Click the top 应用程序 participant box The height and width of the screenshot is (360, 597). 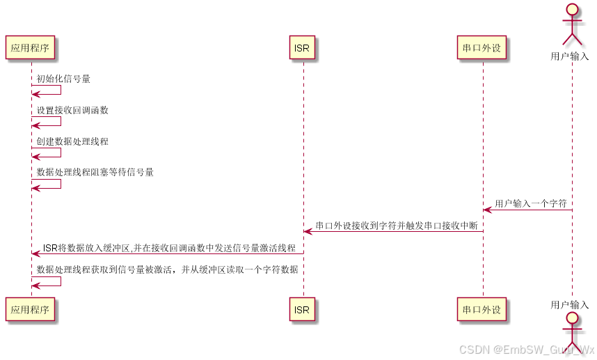(x=30, y=48)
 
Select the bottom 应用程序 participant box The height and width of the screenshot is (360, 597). (x=30, y=310)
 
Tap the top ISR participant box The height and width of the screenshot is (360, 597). (x=303, y=48)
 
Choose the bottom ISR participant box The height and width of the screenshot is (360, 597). (x=303, y=310)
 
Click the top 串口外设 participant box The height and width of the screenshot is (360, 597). (x=482, y=48)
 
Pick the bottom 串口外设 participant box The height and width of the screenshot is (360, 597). (x=482, y=310)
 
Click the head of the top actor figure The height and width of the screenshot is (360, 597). (x=571, y=10)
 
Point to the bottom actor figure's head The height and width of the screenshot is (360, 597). (x=571, y=319)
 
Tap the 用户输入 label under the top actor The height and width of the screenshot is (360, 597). (x=570, y=56)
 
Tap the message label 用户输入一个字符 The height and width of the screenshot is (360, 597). (x=530, y=204)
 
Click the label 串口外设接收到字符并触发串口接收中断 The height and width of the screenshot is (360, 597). (x=396, y=226)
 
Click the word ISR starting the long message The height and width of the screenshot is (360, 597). (x=50, y=248)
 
